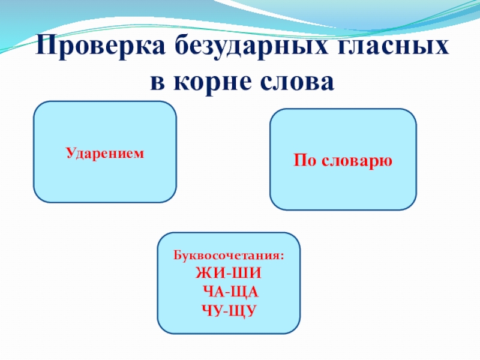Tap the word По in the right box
click(x=304, y=161)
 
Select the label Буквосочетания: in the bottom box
click(x=229, y=255)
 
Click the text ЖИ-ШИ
click(x=229, y=274)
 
